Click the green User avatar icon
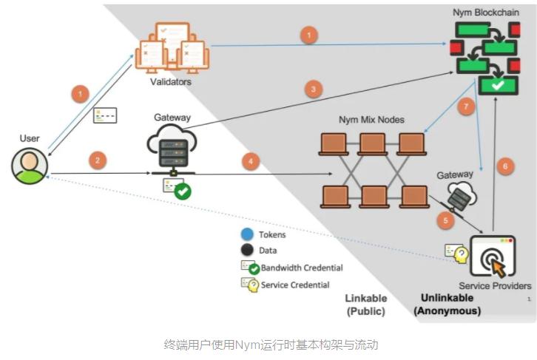30,166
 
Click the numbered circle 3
314,89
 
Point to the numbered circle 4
251,160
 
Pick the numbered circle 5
445,219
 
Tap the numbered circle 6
505,166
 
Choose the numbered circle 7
464,108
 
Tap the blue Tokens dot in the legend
247,234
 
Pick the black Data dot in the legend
247,251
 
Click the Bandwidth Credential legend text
302,268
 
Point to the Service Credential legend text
295,285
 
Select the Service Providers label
495,286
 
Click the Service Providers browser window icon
492,256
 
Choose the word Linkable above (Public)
365,298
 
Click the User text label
30,138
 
